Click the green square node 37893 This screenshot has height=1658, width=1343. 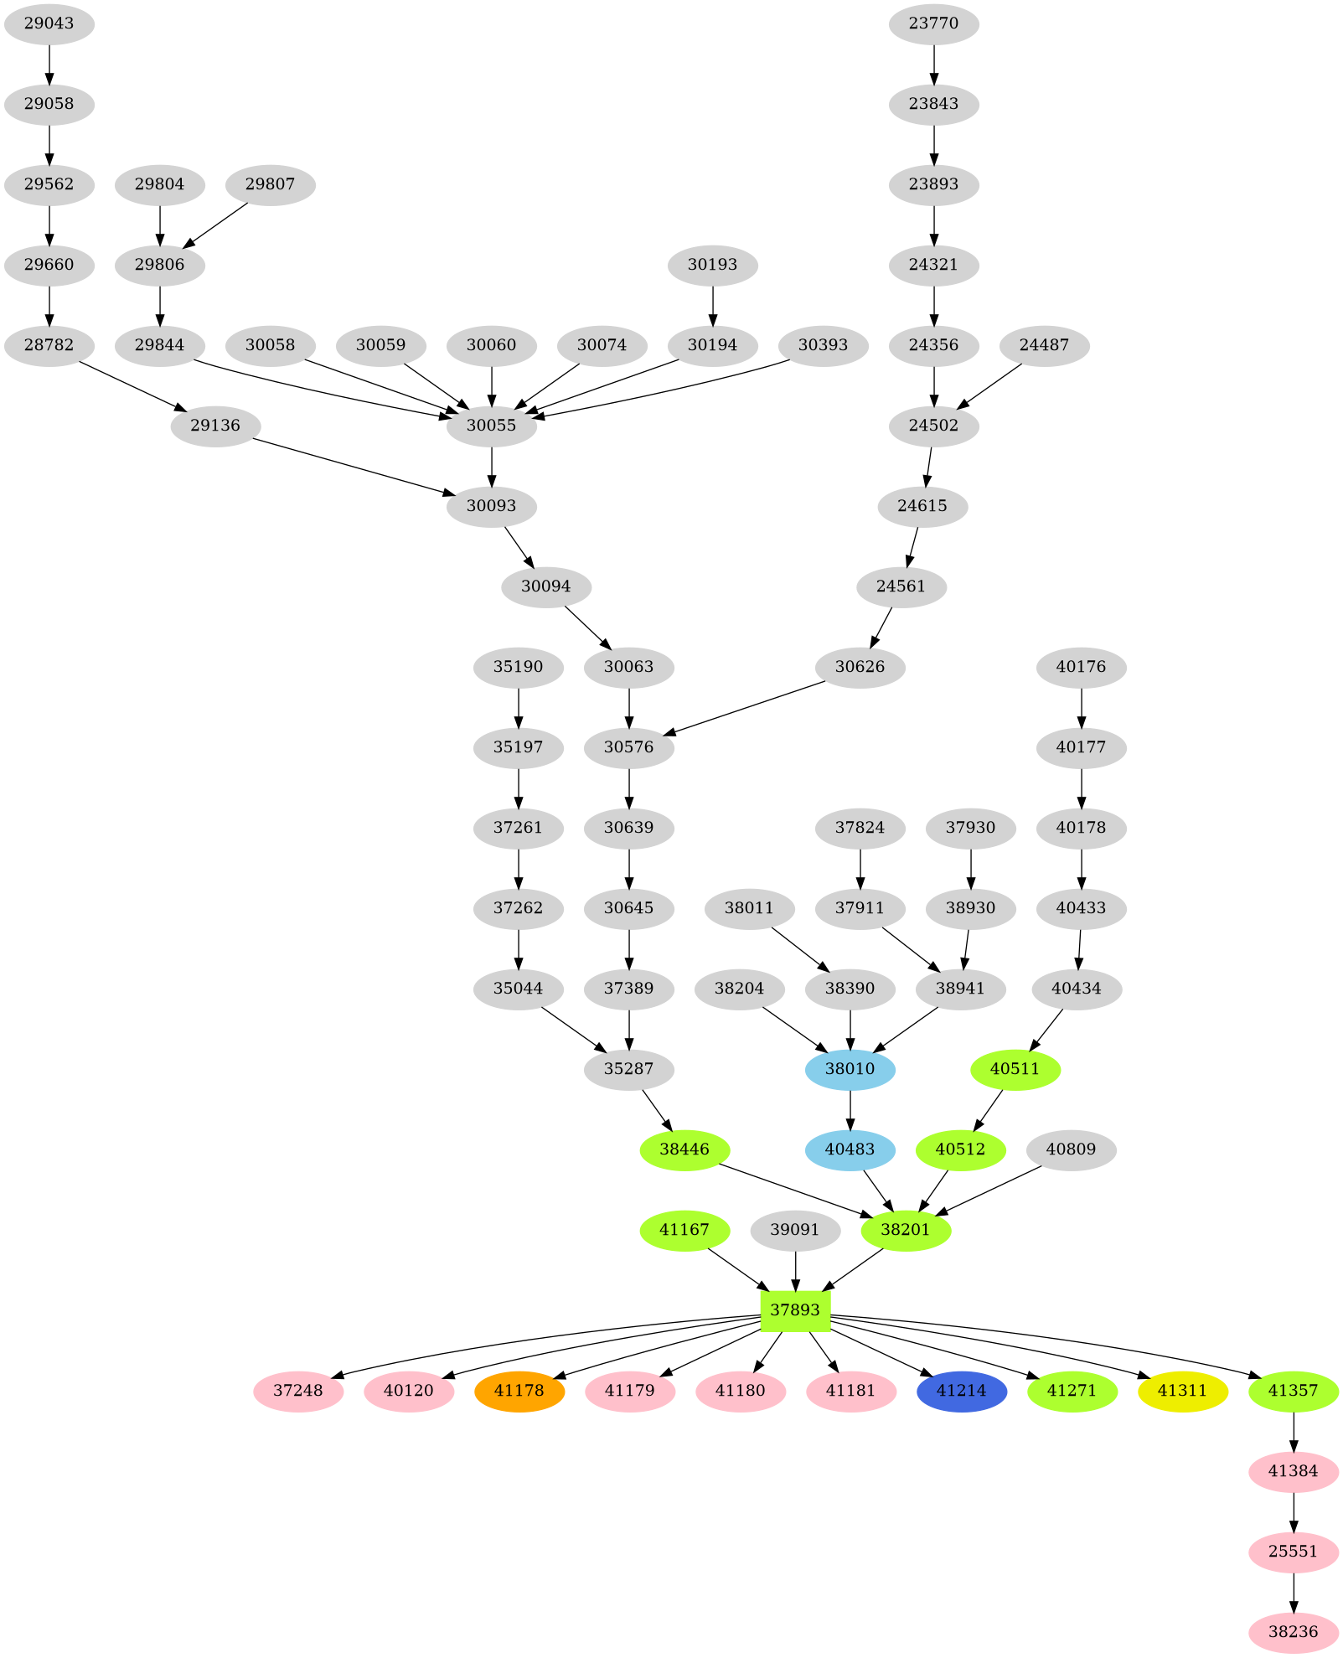pos(794,1310)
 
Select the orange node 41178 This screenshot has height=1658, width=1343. pos(519,1391)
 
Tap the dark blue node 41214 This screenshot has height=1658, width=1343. pos(961,1391)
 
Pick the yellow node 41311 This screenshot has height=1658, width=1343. pos(1182,1391)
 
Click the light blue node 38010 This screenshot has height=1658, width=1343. pos(850,1069)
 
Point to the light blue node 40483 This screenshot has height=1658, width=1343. pos(850,1149)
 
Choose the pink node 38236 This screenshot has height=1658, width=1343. pos(1293,1632)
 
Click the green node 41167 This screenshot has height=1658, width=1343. pos(684,1230)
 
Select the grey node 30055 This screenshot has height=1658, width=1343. pos(491,426)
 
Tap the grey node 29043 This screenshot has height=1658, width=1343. pos(49,23)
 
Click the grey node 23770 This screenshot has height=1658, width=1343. pos(933,23)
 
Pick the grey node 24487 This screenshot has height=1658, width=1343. pos(1044,345)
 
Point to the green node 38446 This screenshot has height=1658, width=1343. pos(684,1149)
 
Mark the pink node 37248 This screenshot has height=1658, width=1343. pos(298,1391)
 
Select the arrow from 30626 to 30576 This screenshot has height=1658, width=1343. pos(746,709)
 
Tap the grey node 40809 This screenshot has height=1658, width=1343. pos(1071,1149)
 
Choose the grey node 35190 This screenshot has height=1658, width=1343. pos(518,667)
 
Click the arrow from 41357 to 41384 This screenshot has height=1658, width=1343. pos(1294,1430)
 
